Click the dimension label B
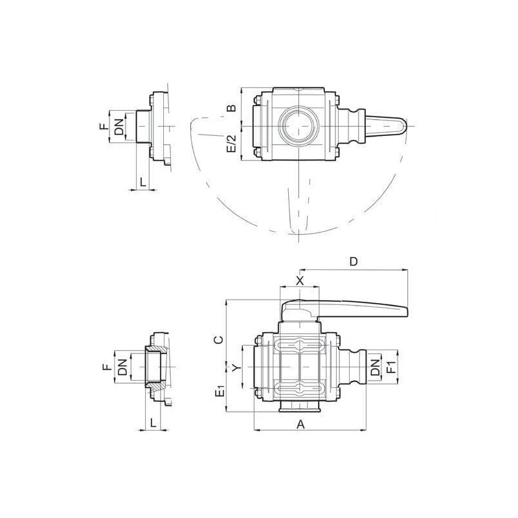232,107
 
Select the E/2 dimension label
232,143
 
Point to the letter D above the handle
354,262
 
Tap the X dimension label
299,281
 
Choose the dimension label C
219,339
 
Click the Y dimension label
235,368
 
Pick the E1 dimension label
220,391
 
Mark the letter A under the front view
300,424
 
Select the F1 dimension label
391,366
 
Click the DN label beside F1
375,367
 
